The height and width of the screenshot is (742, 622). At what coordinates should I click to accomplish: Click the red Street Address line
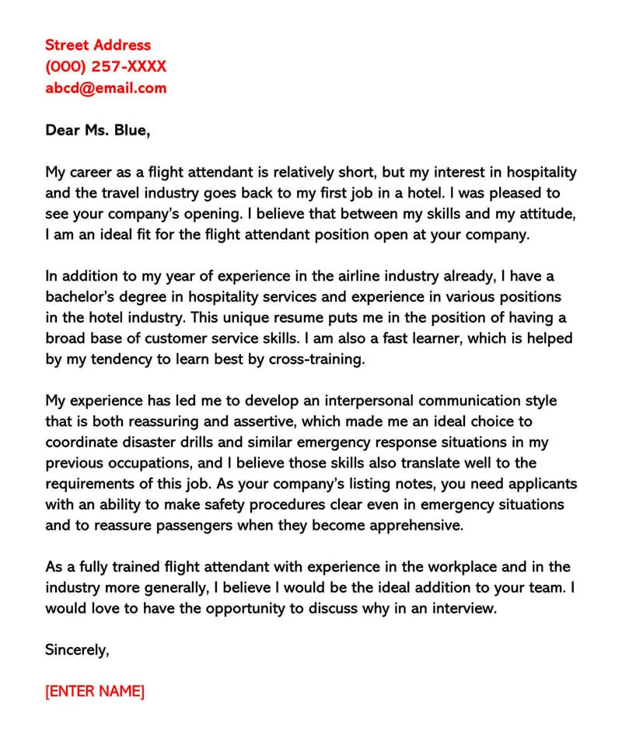[x=98, y=45]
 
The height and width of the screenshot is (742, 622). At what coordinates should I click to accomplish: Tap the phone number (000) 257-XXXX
[x=106, y=66]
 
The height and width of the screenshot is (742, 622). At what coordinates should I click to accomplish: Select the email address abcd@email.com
[x=106, y=87]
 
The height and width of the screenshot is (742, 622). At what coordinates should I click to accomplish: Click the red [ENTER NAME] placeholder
[x=95, y=691]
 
